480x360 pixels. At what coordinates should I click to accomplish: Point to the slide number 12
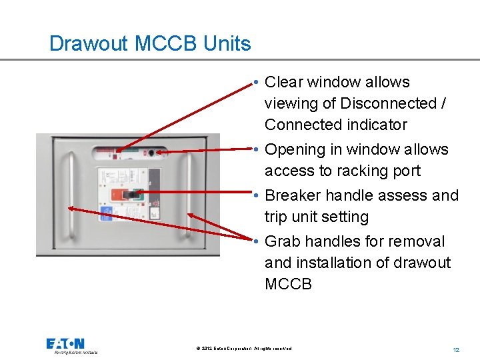point(456,350)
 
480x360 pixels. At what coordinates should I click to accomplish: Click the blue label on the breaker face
point(106,214)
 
